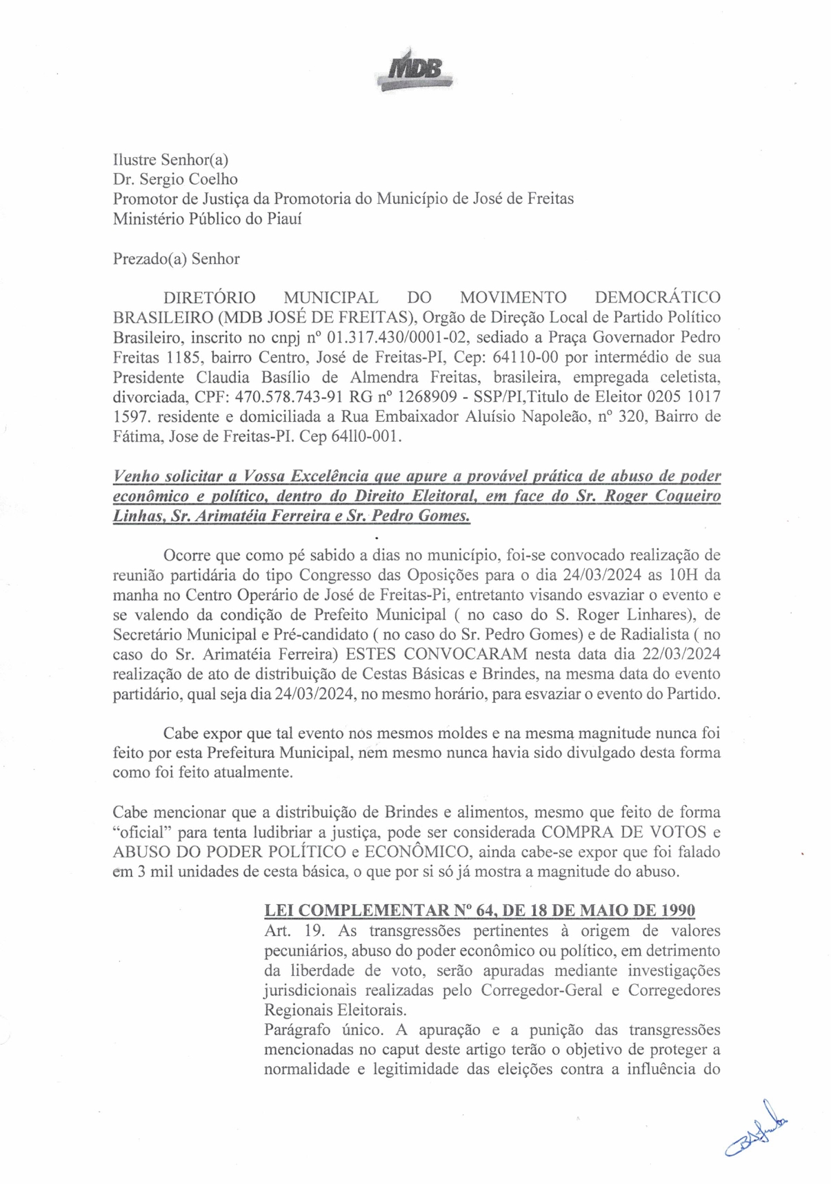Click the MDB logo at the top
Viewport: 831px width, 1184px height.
pos(414,70)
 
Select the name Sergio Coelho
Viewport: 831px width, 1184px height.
pos(189,179)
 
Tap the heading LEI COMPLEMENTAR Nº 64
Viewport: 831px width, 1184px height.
pos(380,910)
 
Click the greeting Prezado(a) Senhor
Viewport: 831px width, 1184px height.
pos(176,259)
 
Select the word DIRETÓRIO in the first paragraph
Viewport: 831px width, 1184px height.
pos(209,298)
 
